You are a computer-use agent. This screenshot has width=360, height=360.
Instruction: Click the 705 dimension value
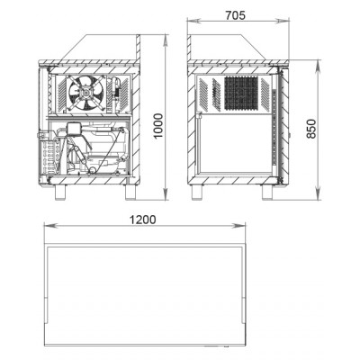(235, 15)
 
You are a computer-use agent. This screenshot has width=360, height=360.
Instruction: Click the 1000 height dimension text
(157, 126)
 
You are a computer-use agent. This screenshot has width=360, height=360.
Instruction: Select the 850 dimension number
(311, 129)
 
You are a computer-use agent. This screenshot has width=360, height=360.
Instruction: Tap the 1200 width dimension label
(142, 220)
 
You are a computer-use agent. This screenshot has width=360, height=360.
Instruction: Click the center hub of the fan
(85, 93)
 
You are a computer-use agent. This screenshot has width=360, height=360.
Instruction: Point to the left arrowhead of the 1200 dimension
(50, 225)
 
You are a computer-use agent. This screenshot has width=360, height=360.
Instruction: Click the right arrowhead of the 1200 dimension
(240, 225)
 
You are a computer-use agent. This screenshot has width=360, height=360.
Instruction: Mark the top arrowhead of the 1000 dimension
(166, 40)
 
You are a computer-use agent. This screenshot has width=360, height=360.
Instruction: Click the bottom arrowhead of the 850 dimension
(318, 193)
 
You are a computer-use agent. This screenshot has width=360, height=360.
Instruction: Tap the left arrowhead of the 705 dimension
(193, 21)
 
